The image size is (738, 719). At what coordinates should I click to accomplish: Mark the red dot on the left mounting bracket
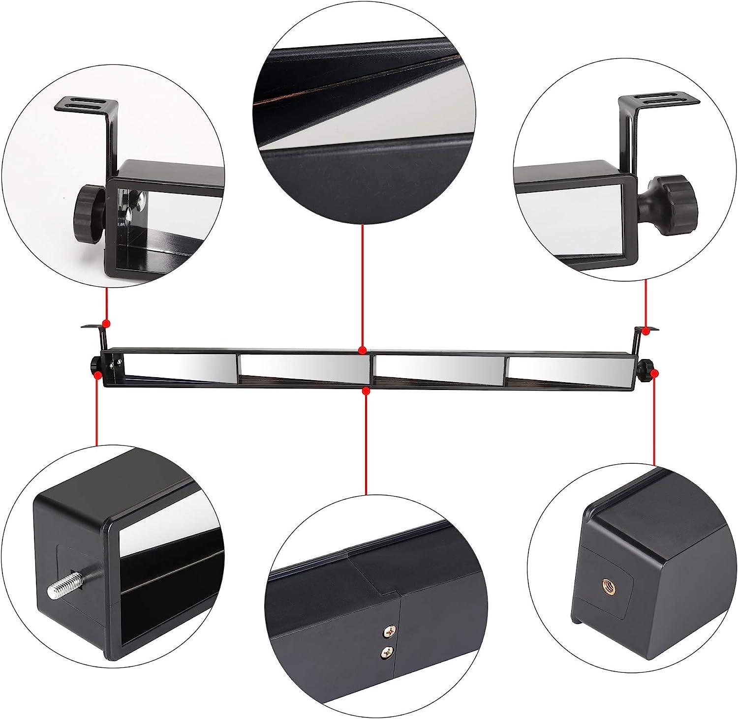(x=106, y=324)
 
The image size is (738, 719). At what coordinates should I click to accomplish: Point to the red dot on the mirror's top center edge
(x=362, y=350)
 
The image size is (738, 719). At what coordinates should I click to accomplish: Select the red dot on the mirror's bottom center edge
(x=366, y=390)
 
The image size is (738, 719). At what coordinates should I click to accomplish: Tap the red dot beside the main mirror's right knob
(x=654, y=374)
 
